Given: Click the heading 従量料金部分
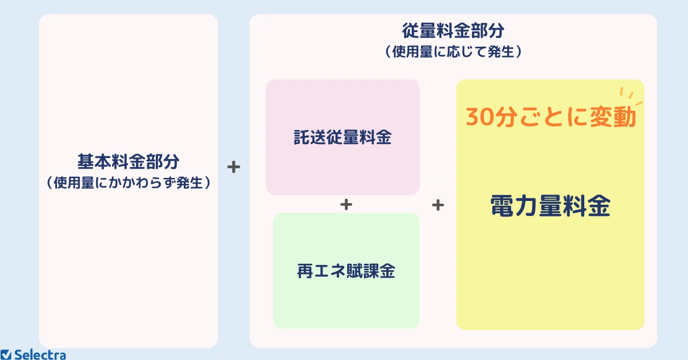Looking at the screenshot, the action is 453,31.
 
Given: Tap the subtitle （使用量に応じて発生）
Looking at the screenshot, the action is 453,52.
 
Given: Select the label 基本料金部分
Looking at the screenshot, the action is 128,162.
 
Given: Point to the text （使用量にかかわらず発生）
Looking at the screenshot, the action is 128,183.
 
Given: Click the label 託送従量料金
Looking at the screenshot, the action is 343,137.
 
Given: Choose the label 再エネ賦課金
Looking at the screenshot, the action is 346,271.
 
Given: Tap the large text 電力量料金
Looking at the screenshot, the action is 550,206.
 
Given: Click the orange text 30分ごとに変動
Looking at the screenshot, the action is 550,117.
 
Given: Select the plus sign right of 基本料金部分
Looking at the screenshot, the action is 234,167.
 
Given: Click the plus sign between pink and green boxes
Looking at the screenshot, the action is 346,205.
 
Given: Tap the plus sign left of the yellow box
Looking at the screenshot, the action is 438,205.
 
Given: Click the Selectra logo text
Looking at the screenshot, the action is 40,355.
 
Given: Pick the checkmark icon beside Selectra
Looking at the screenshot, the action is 5,355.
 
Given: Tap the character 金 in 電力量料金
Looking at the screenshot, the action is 599,206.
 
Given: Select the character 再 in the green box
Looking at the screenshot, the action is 305,271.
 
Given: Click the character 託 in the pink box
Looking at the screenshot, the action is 302,137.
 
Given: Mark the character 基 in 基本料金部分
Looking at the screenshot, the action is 85,162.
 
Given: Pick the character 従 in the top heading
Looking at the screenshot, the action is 410,31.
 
